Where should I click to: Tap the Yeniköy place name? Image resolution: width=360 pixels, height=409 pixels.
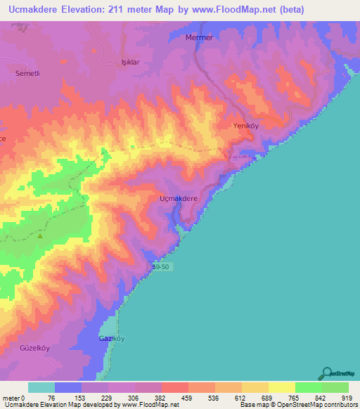247,126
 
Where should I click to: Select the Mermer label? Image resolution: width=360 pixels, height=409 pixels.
198,37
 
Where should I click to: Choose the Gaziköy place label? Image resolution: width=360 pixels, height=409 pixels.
111,339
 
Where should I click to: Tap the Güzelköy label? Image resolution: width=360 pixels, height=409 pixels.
34,348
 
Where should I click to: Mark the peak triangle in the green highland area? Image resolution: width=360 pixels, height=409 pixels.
40,236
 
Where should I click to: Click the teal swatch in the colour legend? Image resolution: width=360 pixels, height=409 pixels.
41,388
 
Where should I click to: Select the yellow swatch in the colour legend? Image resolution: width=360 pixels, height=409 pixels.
281,388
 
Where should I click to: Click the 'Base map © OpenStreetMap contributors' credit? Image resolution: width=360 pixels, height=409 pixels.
299,404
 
